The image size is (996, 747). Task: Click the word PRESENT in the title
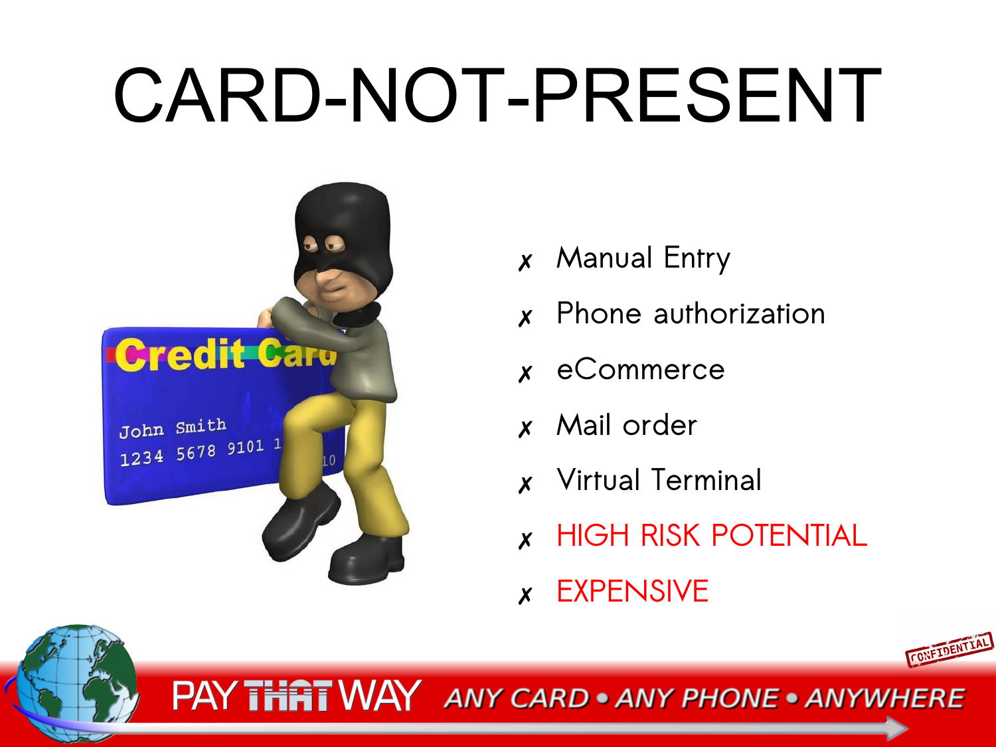[707, 95]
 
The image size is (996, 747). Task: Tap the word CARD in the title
[217, 95]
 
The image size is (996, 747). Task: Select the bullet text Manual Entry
[643, 258]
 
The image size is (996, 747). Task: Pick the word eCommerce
[641, 369]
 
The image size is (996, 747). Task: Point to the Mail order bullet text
[627, 425]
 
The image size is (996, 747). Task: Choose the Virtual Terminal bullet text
[659, 480]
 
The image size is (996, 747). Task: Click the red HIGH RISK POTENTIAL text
[712, 536]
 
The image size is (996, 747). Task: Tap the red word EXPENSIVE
[633, 591]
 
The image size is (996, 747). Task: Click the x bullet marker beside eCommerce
[525, 374]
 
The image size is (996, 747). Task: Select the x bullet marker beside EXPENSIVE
[525, 596]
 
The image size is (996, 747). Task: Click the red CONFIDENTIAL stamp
[950, 649]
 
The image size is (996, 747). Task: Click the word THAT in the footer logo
[288, 696]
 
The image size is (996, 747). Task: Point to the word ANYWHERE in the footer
[885, 699]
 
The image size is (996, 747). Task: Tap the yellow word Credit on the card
[180, 355]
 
